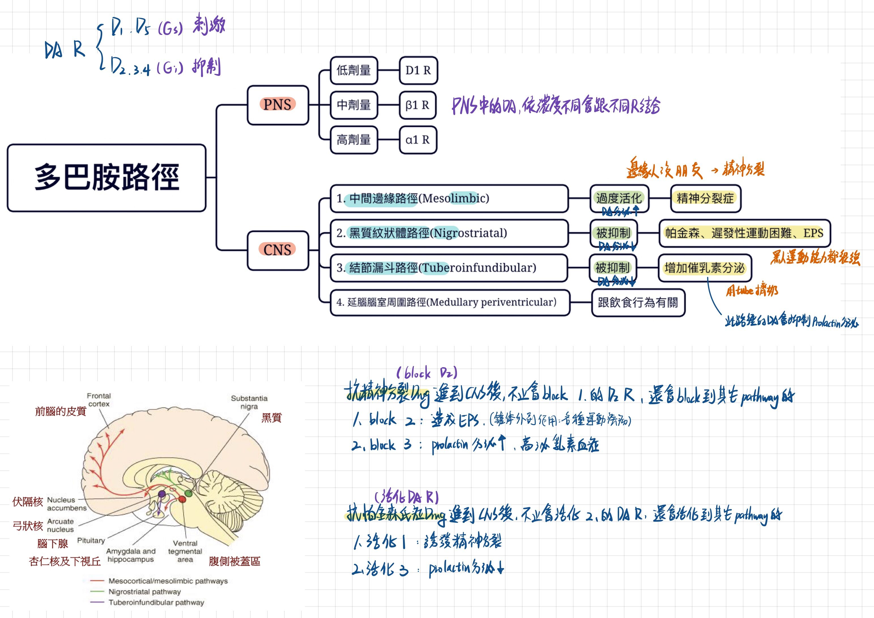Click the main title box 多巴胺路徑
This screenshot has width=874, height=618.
pos(106,178)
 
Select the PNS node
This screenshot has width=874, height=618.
pos(278,105)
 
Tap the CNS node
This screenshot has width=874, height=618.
pos(278,250)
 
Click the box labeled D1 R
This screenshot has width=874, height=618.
pos(418,70)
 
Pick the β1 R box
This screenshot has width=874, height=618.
pos(417,105)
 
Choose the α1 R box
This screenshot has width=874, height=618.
pos(417,140)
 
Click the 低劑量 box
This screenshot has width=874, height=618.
pos(354,70)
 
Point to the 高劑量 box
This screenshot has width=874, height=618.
pos(354,140)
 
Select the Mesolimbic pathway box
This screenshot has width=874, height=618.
pos(449,198)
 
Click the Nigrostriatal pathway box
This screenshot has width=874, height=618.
pos(449,233)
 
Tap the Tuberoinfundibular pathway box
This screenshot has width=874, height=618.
pos(449,268)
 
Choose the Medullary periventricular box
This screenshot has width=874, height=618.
pos(449,303)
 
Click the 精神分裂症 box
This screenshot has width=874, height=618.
pos(705,198)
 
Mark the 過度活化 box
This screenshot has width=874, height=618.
pos(619,198)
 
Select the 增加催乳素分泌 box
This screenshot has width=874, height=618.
pos(705,268)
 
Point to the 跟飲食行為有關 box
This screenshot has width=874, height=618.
pos(638,303)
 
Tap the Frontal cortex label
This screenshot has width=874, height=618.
pos(99,399)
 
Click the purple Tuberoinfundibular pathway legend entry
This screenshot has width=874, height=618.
pos(156,602)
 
